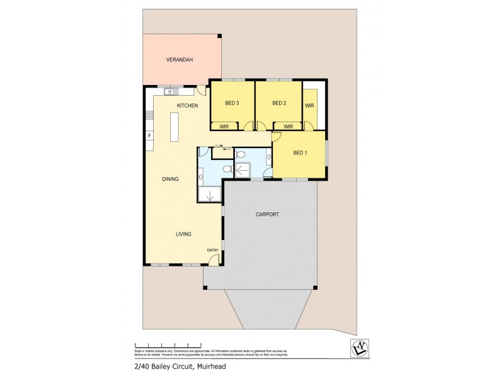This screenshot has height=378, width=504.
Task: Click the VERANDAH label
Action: point(179,60)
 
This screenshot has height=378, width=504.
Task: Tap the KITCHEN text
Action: point(187,105)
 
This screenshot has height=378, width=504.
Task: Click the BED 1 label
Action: point(301,152)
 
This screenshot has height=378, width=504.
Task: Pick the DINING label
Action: point(170,179)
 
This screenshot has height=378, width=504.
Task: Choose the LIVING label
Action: point(183,234)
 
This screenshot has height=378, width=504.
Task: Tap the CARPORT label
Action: point(267,214)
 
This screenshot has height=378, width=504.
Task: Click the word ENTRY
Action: point(212,251)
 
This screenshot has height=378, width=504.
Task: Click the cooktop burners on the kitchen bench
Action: point(149,115)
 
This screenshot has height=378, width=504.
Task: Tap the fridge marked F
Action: point(149,135)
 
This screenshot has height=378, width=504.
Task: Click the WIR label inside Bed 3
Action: point(224,126)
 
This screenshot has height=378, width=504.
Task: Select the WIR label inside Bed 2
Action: point(288,126)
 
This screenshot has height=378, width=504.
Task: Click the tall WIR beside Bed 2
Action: point(309,105)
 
